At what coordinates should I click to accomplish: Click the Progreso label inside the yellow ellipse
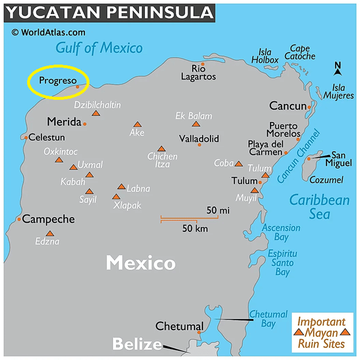tap(58, 81)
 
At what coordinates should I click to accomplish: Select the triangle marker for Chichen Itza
tap(162, 149)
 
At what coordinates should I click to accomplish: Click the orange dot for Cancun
tap(309, 107)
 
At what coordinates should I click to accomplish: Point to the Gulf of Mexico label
tap(99, 48)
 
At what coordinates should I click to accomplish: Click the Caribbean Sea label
tap(319, 207)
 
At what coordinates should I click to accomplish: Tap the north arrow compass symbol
tap(338, 69)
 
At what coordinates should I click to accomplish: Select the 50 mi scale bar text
tap(218, 210)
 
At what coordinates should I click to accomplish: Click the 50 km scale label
tap(195, 228)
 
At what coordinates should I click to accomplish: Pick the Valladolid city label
tap(199, 138)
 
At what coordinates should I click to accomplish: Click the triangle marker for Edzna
tap(50, 234)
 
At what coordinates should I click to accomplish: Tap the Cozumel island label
tap(327, 180)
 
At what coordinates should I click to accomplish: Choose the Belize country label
tap(137, 344)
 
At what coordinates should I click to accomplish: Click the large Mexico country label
tap(141, 263)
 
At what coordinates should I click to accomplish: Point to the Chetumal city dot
tap(199, 332)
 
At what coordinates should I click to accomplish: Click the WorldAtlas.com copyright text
tap(48, 32)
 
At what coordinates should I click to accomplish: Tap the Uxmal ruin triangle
tap(73, 167)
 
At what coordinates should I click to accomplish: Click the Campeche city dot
tap(20, 219)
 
